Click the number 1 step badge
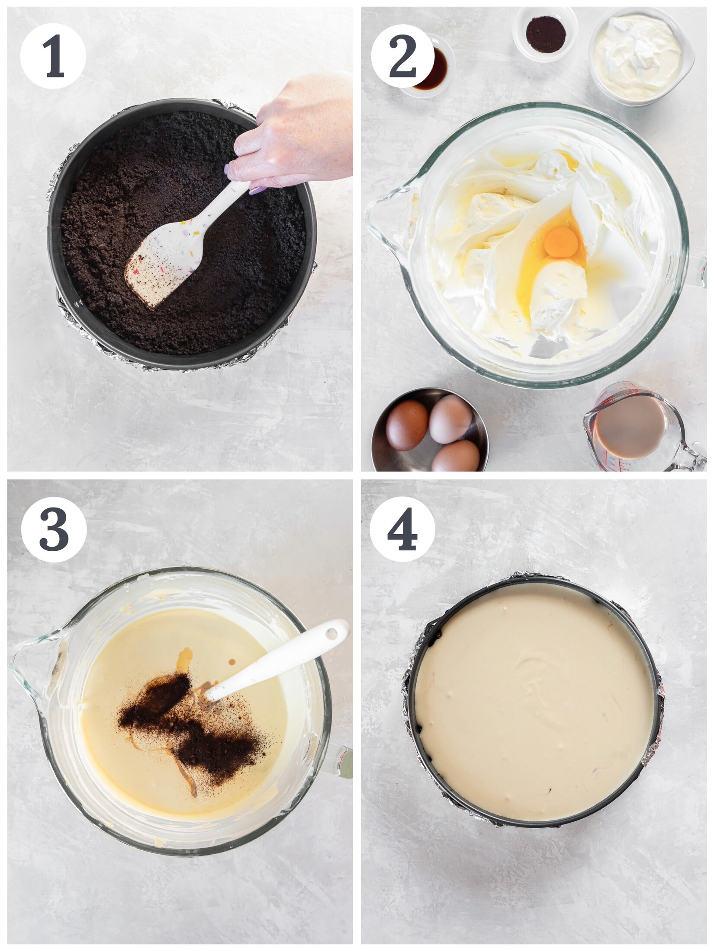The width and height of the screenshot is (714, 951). tap(53, 56)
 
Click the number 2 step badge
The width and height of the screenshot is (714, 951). tap(402, 56)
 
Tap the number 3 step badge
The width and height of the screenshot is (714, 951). tap(54, 529)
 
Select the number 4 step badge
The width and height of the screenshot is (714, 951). tap(402, 529)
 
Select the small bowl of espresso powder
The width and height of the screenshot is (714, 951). tap(545, 35)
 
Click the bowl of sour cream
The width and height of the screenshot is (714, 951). tap(638, 56)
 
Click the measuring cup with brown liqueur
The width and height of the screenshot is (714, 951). tap(630, 428)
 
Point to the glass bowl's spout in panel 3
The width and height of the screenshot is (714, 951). tap(32, 666)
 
